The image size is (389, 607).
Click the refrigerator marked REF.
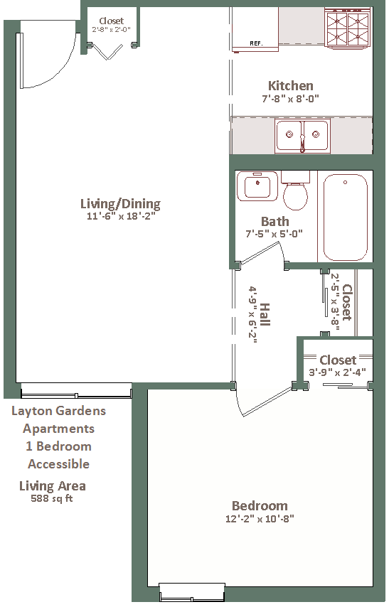[x=255, y=29]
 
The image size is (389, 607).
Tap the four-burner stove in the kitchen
[x=347, y=28]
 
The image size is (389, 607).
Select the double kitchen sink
[x=302, y=136]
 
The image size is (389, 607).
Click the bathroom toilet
[x=295, y=190]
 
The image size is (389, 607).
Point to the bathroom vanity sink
[x=257, y=186]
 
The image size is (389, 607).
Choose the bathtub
[x=345, y=217]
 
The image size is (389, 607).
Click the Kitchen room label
[x=291, y=85]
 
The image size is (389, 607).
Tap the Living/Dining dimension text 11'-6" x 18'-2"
[x=121, y=216]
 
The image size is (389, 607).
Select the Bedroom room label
[x=260, y=505]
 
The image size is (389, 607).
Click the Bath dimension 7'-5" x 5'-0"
[x=274, y=234]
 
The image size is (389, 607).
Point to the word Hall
[x=265, y=314]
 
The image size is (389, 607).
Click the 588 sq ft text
[x=52, y=498]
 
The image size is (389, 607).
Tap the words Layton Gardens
[x=58, y=411]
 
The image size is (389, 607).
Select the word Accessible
[x=58, y=463]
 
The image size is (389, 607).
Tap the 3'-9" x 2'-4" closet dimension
[x=337, y=372]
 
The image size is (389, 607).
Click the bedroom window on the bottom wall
[x=192, y=592]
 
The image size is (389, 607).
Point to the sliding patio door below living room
[x=76, y=391]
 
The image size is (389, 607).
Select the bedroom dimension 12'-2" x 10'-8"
[x=260, y=518]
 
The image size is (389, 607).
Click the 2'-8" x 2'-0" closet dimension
[x=111, y=29]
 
